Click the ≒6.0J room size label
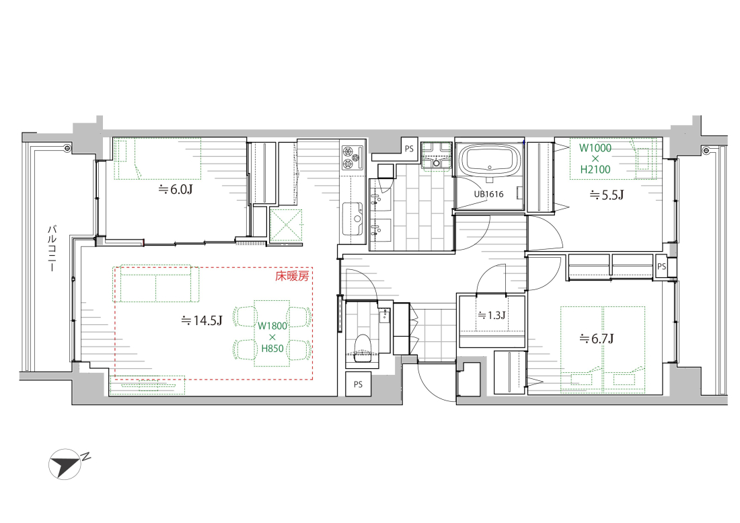(176, 190)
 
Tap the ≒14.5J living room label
(202, 321)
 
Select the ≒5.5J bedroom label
(607, 195)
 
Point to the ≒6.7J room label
(597, 339)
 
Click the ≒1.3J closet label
(492, 315)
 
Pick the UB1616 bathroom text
(488, 194)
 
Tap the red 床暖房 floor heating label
(292, 276)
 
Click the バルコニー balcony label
(52, 248)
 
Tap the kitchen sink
(352, 219)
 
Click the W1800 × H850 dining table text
(272, 337)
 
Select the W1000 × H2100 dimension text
(595, 159)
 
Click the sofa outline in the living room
(156, 283)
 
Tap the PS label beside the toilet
(358, 384)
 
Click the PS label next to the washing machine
(409, 149)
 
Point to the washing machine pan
(437, 155)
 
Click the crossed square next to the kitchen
(285, 225)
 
